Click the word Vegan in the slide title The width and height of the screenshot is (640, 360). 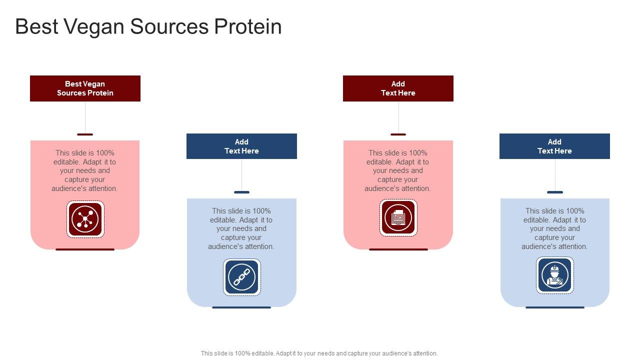coord(93,27)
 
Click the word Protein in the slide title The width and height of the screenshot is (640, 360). coord(248,27)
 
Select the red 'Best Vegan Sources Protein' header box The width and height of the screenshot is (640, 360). coord(85,88)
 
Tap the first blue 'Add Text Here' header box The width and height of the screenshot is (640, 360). coord(241,146)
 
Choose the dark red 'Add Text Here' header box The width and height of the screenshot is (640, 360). coord(398,88)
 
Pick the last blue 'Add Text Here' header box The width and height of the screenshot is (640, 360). coord(554,146)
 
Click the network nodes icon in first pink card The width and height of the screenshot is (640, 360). coord(85,219)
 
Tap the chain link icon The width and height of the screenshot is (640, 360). coord(241,277)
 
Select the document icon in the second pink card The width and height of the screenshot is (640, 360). coord(398,218)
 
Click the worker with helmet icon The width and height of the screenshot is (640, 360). coord(554,275)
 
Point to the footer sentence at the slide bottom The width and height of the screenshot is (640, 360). coord(319,353)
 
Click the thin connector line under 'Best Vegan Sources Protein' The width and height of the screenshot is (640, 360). coord(85,117)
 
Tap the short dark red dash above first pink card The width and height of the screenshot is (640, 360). coord(85,134)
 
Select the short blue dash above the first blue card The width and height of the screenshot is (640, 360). coord(241,192)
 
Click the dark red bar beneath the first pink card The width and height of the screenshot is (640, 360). coord(85,249)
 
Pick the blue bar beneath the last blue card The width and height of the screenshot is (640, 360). coord(554,307)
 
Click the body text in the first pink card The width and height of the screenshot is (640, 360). coord(85,170)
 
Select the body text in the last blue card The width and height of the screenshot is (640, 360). coord(554,228)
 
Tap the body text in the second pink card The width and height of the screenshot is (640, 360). coord(398,170)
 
